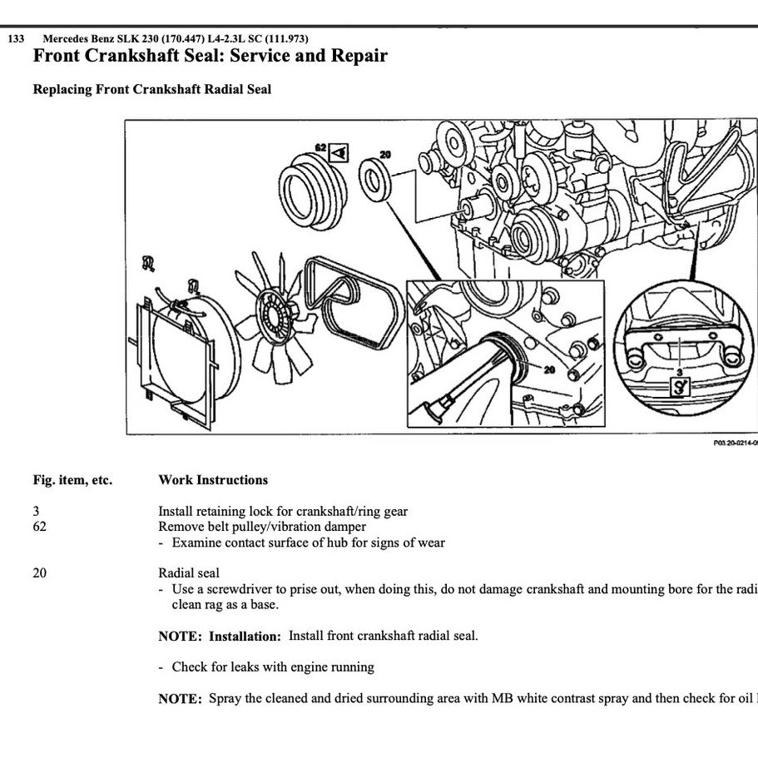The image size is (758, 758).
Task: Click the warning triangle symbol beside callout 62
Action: pos(339,152)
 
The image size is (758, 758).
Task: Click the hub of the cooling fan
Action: pos(275,316)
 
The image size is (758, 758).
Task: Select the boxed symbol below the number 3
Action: pos(681,385)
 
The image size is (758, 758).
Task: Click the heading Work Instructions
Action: pos(213,480)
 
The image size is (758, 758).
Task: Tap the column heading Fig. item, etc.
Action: pos(72,480)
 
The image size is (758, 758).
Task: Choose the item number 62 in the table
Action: pos(40,527)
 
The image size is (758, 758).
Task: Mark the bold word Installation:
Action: pos(245,637)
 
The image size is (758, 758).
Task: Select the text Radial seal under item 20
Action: pos(189,573)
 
